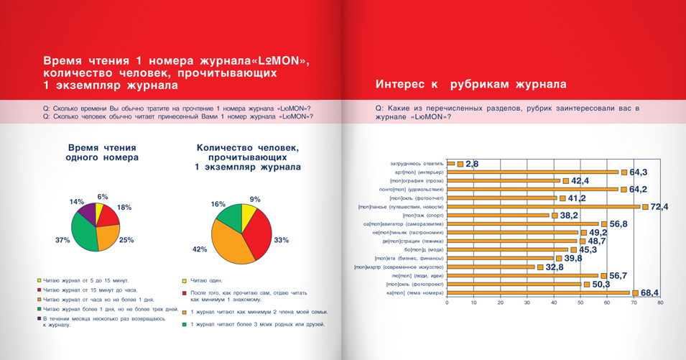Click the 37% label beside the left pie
tap(62, 240)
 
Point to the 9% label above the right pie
tap(255, 200)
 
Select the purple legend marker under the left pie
tap(40, 318)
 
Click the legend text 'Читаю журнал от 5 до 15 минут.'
tap(87, 280)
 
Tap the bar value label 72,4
tap(659, 207)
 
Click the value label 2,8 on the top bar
tap(472, 164)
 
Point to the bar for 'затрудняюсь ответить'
tap(450, 164)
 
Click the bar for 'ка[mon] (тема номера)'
tap(539, 292)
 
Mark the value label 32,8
tap(554, 267)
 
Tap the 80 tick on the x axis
tap(659, 303)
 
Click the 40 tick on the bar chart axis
tap(553, 303)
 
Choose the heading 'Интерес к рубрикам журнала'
tap(471, 85)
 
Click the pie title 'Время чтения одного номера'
tap(102, 152)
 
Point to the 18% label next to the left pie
tap(124, 208)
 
